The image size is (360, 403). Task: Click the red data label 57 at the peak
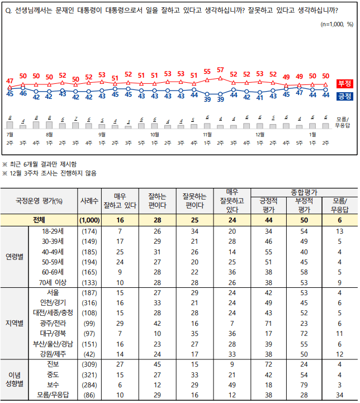[220, 70]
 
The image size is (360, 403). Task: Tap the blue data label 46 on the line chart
[23, 93]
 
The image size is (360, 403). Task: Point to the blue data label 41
[260, 97]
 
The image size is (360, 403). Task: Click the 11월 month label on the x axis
[207, 135]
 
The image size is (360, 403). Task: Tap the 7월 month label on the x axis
[9, 135]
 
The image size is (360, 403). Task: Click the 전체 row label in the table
[39, 220]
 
